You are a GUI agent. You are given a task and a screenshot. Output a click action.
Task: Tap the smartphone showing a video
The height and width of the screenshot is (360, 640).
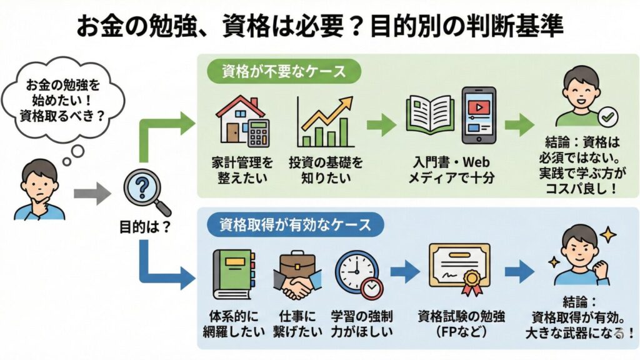[x=478, y=116]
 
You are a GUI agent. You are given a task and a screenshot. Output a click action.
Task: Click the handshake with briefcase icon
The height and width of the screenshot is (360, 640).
[x=297, y=274]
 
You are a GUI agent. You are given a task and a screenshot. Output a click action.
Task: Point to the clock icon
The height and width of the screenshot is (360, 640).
[x=358, y=273]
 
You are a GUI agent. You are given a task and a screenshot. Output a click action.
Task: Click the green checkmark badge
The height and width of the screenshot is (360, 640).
[x=607, y=116]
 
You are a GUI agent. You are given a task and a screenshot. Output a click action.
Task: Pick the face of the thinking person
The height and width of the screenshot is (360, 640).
[x=39, y=179]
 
